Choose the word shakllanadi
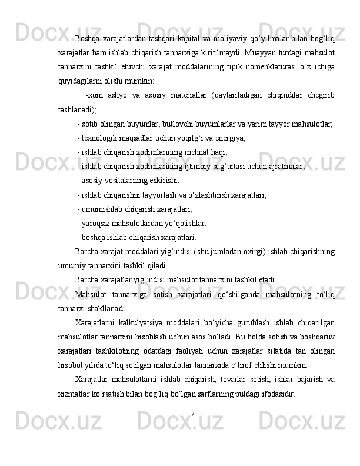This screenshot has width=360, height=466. coord(105,307)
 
